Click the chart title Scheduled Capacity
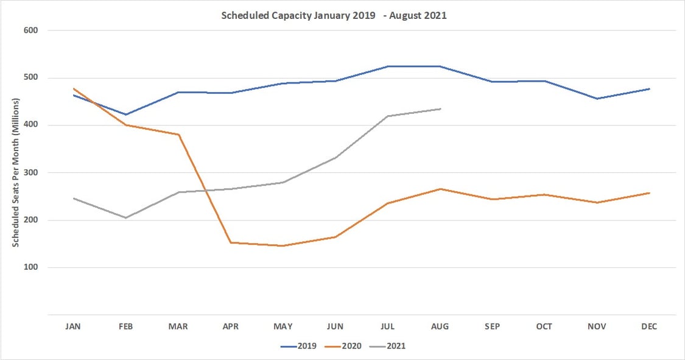tap(334, 16)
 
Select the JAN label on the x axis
tap(73, 326)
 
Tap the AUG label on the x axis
tap(440, 326)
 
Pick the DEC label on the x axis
tap(649, 326)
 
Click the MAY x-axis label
tap(283, 326)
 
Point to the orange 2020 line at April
tap(230, 242)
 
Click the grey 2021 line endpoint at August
tap(440, 109)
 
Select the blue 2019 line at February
tap(125, 115)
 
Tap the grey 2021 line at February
tap(125, 217)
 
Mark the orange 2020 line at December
tap(649, 193)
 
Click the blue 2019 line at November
tap(597, 99)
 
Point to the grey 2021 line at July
tap(388, 116)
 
